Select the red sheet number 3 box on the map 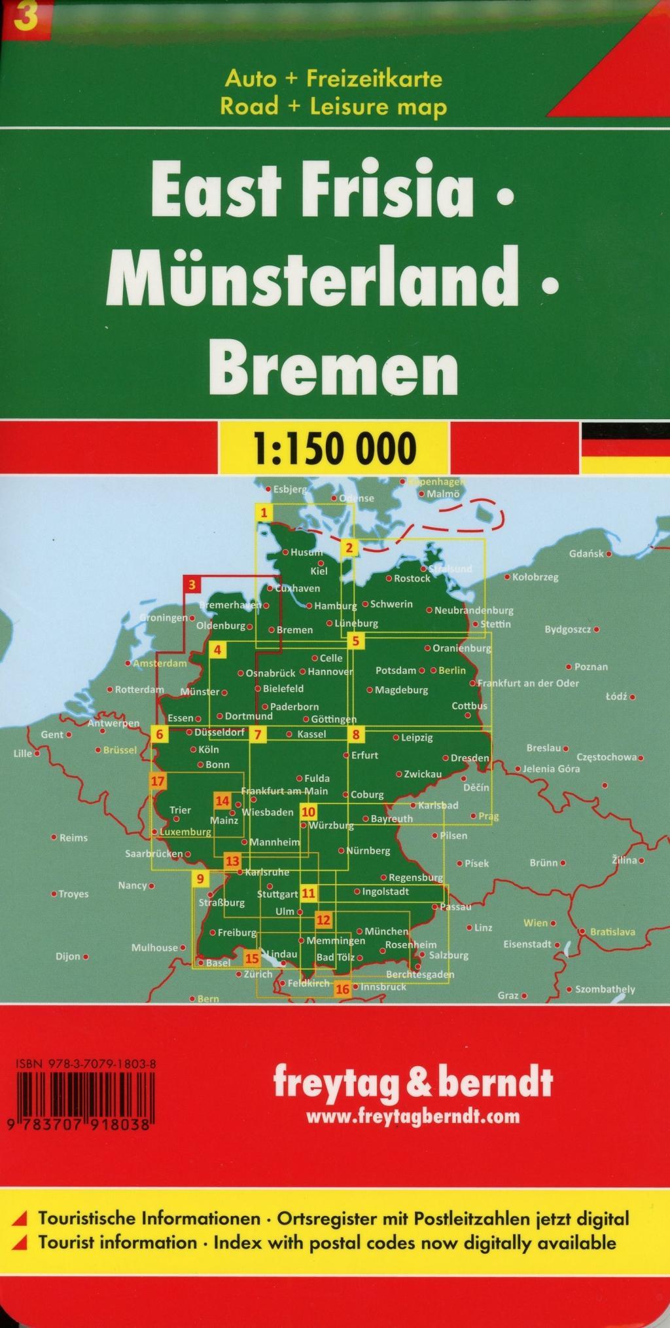[192, 584]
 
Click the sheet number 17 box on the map [158, 781]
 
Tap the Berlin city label [452, 671]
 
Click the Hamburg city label [335, 606]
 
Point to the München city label [386, 931]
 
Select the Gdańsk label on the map [586, 553]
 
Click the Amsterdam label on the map [160, 663]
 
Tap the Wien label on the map [535, 923]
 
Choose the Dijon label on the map [68, 956]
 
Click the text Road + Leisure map [334, 107]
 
